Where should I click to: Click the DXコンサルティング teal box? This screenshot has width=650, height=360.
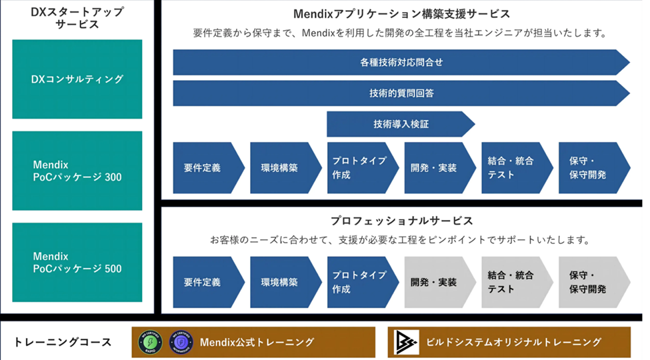[x=77, y=79]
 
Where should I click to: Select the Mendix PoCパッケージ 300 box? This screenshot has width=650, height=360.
[x=77, y=171]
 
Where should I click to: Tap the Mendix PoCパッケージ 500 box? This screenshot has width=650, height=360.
[x=77, y=262]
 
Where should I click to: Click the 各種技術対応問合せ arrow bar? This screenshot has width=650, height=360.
[x=400, y=63]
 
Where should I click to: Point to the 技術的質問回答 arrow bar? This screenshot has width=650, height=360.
[x=400, y=93]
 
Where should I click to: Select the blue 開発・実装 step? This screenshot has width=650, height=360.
[x=438, y=168]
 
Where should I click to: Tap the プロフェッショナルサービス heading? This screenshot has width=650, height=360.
[x=401, y=220]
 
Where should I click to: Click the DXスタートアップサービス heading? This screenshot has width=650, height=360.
[x=77, y=18]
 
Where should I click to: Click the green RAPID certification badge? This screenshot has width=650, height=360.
[x=150, y=342]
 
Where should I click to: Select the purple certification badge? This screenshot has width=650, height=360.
[x=181, y=342]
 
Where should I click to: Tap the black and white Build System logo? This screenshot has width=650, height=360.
[x=407, y=342]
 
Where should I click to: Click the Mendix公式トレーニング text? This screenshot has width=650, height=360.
[x=257, y=343]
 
